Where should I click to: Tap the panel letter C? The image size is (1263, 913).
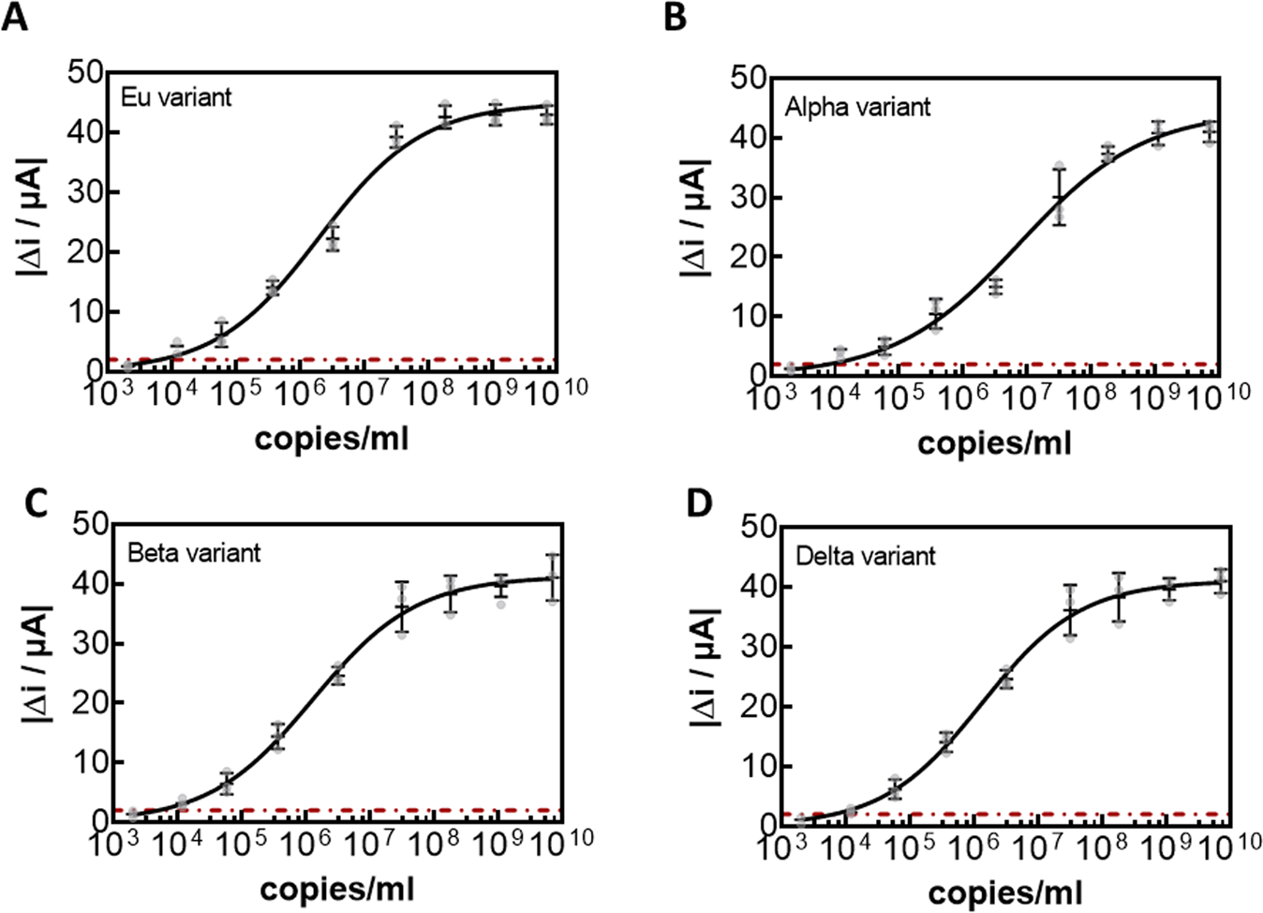34,503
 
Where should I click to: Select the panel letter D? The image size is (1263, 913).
699,503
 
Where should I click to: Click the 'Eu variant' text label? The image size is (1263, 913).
176,97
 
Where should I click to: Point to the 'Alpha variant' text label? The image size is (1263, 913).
857,107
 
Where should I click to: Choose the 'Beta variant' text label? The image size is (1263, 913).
193,552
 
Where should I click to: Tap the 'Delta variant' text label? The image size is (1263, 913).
865,556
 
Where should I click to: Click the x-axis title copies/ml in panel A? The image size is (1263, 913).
332,437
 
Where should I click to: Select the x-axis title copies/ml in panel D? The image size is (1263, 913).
1005,891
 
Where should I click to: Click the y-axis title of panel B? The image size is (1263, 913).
694,217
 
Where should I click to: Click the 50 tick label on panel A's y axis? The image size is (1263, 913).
85,73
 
